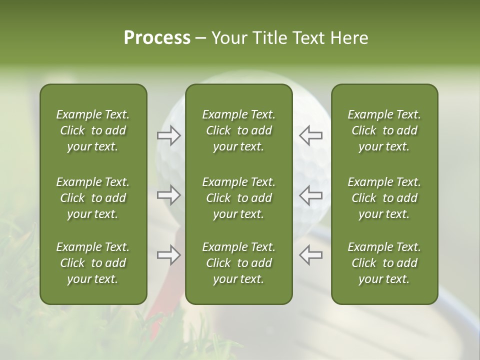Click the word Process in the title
pyautogui.click(x=157, y=38)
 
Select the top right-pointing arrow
pyautogui.click(x=169, y=135)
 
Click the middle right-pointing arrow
pyautogui.click(x=169, y=195)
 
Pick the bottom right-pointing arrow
pyautogui.click(x=169, y=255)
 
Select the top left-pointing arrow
pyautogui.click(x=310, y=135)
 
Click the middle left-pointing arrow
pyautogui.click(x=310, y=195)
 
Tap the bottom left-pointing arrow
pyautogui.click(x=310, y=255)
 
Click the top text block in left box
pyautogui.click(x=93, y=130)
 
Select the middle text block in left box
pyautogui.click(x=93, y=198)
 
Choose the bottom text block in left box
pyautogui.click(x=93, y=263)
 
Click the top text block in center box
pyautogui.click(x=238, y=130)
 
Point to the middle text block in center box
pyautogui.click(x=238, y=198)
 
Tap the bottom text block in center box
pyautogui.click(x=238, y=263)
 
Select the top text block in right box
pyautogui.click(x=384, y=130)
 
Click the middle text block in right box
pyautogui.click(x=384, y=198)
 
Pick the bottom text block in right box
pyautogui.click(x=384, y=263)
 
